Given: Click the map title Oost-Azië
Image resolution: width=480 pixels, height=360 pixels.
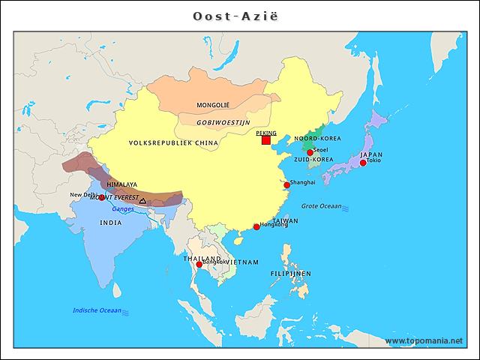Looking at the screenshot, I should (x=240, y=16).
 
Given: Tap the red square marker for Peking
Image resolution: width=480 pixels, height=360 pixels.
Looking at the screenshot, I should (x=265, y=139).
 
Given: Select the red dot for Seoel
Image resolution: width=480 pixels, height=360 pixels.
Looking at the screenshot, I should (x=310, y=152).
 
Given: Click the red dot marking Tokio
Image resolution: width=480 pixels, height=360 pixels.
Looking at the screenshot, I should (x=363, y=163).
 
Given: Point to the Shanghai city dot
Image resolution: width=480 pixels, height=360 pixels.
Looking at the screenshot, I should (x=286, y=184).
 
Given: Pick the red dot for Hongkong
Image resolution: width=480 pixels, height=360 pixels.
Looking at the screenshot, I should (x=256, y=226).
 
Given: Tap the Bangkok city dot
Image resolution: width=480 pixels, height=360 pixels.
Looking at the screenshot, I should (x=199, y=264).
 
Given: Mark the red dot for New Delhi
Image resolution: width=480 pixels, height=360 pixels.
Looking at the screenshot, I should (x=102, y=198).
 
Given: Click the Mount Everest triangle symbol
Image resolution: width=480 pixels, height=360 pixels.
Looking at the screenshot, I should (x=142, y=201).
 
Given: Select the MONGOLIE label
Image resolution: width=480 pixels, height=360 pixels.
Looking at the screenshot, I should (x=213, y=105).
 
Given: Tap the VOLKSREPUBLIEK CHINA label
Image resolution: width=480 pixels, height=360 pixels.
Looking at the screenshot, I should (x=173, y=142).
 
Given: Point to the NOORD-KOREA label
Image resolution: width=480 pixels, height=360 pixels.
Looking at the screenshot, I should (x=317, y=139).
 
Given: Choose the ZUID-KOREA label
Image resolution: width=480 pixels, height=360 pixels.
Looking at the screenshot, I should (x=313, y=160).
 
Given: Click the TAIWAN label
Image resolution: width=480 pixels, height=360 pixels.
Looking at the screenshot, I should (x=285, y=221).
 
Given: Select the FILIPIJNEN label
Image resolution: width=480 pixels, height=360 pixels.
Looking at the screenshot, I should (x=291, y=274).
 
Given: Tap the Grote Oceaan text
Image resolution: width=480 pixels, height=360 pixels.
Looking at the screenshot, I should (x=321, y=206).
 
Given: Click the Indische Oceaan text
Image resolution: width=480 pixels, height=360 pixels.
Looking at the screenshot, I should (x=97, y=310).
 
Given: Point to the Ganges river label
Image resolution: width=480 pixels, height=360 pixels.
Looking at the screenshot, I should (x=123, y=209).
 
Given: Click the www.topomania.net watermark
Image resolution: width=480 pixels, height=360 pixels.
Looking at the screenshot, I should (x=424, y=340).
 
